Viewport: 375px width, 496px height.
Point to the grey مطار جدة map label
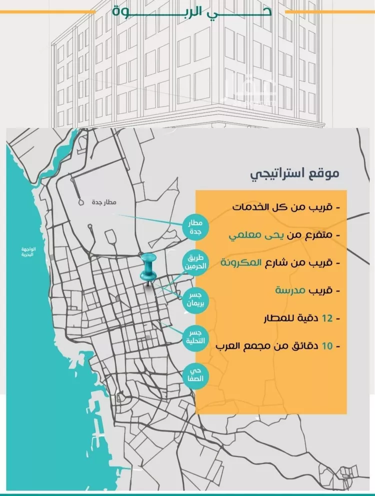[x=104, y=202]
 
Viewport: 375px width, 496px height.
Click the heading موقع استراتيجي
[x=294, y=174]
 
